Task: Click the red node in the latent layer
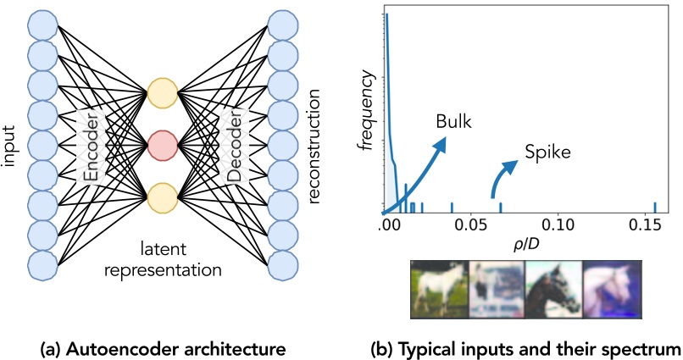pyautogui.click(x=162, y=145)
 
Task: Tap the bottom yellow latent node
pyautogui.click(x=162, y=198)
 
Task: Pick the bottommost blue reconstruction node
pyautogui.click(x=282, y=264)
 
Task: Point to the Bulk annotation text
pyautogui.click(x=453, y=121)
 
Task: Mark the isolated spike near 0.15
pyautogui.click(x=655, y=208)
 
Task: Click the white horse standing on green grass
pyautogui.click(x=438, y=289)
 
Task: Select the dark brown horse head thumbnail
pyautogui.click(x=553, y=289)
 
